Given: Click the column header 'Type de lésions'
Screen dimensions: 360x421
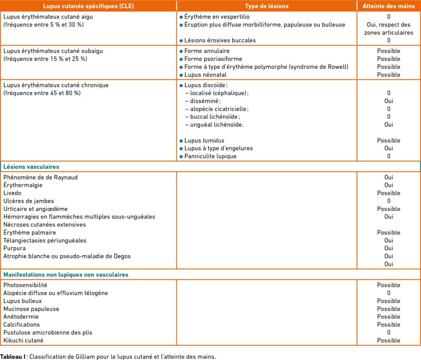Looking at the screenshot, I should (266, 6).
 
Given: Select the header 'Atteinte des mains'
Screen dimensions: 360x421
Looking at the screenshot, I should (389, 6).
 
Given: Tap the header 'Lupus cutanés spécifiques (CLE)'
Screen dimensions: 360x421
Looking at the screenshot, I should (88, 6).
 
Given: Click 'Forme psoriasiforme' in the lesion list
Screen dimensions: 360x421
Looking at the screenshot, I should (213, 59).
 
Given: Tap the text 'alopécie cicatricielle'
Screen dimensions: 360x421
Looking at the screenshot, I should (219, 109).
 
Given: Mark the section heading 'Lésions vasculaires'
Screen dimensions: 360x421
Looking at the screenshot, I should (31, 167).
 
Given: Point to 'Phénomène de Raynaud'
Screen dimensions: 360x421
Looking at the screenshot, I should (40, 177).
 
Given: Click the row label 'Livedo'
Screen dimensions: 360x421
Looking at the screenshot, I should (12, 193).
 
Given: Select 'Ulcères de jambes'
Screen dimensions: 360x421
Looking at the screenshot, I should (28, 201).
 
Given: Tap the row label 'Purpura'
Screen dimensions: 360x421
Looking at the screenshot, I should (14, 248).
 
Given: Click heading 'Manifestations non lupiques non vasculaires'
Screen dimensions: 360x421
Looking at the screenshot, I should (66, 275).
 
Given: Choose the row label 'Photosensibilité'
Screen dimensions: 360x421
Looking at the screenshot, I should (25, 285).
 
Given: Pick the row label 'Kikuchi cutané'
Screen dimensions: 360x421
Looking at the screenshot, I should (23, 340).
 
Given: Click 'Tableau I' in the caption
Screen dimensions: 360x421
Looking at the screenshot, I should (13, 356).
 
